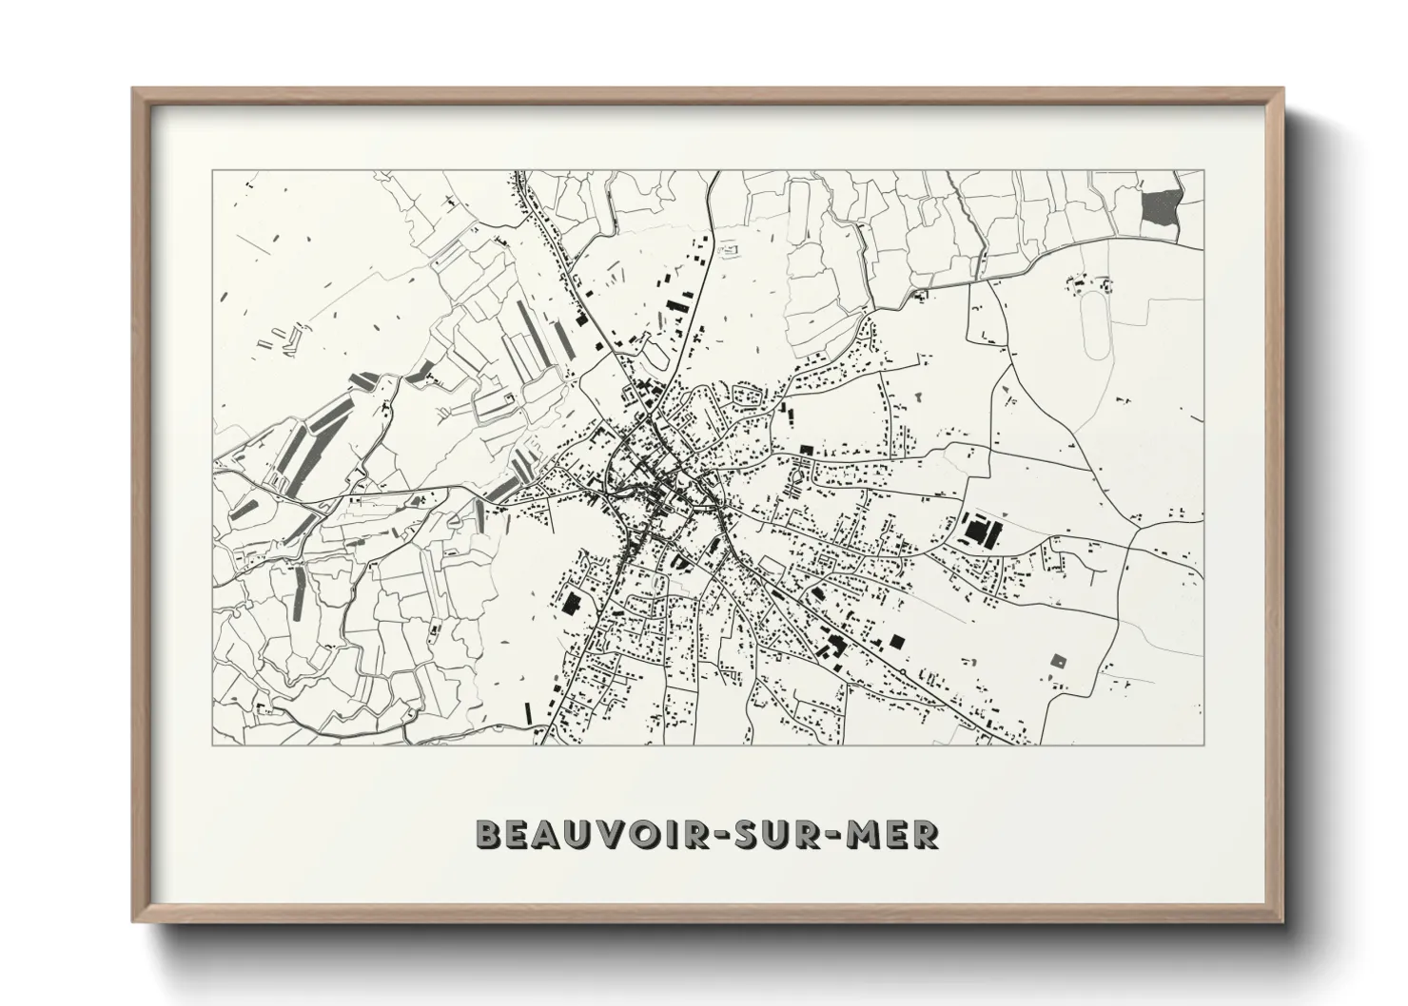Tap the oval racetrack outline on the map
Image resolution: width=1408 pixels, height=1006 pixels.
(1097, 323)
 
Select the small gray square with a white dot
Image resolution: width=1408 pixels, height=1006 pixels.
(1057, 659)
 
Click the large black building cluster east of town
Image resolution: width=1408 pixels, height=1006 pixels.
(979, 530)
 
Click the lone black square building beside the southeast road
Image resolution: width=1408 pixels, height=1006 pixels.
(896, 641)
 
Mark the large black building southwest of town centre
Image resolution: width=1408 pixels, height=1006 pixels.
(572, 603)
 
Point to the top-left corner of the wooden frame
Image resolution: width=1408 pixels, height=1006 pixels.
(134, 90)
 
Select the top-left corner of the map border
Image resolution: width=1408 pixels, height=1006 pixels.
(214, 171)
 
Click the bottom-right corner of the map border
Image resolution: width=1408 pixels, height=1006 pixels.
(1204, 745)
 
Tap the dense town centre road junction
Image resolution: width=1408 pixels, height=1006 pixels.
(656, 475)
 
